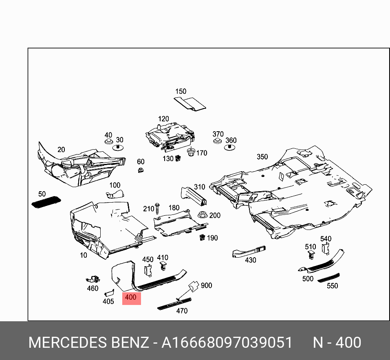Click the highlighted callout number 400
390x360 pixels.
coord(131,298)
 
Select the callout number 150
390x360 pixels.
coord(181,92)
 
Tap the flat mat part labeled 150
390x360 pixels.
coord(191,104)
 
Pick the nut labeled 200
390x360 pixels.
coord(202,215)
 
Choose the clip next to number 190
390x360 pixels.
coord(202,237)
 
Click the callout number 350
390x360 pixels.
coord(262,157)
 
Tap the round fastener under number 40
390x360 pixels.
coord(108,142)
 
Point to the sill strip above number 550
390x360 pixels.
coord(328,277)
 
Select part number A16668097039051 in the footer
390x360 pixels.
coord(227,342)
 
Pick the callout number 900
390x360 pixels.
coord(206,285)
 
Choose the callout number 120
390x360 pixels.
coord(163,119)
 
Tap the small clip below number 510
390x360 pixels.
coord(311,255)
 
